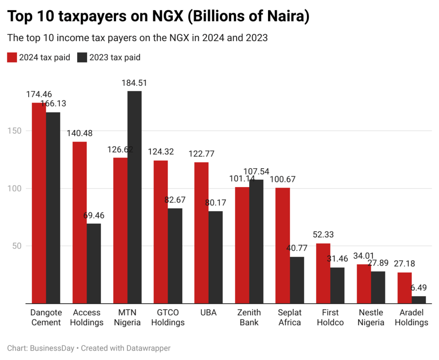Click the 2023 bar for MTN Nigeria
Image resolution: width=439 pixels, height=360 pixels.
click(134, 197)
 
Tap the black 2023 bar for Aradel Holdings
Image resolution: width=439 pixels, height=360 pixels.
click(419, 299)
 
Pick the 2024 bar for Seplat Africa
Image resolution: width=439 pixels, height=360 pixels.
click(283, 245)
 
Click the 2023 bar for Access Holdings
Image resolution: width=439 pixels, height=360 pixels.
click(93, 263)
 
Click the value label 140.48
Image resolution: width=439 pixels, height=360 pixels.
click(79, 133)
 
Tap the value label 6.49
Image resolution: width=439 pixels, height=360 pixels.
click(419, 287)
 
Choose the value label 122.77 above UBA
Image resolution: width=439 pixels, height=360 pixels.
click(201, 154)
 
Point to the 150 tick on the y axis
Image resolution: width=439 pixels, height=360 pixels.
click(14, 131)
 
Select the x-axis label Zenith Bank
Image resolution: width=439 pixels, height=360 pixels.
click(249, 318)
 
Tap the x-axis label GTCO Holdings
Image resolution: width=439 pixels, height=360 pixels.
click(168, 318)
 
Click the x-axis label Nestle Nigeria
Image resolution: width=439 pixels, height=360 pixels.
click(371, 318)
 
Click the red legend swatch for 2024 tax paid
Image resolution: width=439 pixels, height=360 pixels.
click(12, 57)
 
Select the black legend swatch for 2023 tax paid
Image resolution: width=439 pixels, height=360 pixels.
click(82, 57)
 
